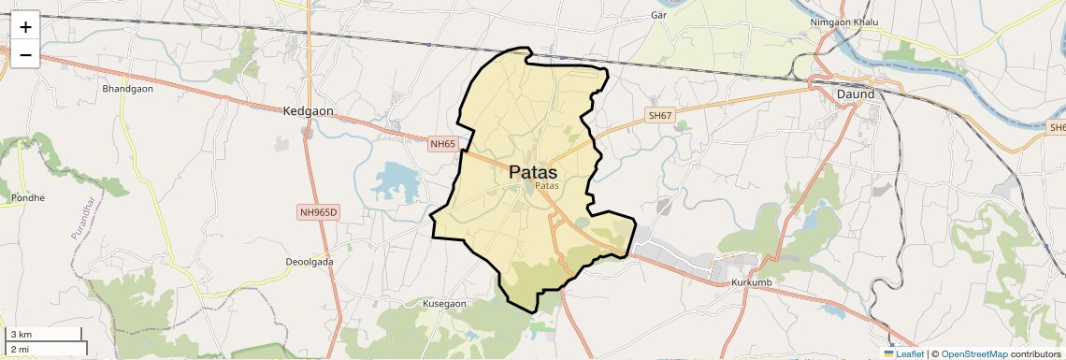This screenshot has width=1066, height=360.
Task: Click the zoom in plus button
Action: pos(25,26)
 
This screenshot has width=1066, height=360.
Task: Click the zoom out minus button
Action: pos(25,54)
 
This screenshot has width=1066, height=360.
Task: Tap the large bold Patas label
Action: pos(533,173)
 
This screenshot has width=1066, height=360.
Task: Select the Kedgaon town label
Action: pos(308,111)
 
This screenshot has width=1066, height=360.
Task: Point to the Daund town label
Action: pos(856,94)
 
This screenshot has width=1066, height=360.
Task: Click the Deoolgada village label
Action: pos(310,262)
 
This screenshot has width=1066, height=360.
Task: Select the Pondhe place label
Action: pos(28,198)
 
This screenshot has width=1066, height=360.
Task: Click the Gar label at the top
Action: pos(658,15)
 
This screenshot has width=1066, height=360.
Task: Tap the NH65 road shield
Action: pos(442,144)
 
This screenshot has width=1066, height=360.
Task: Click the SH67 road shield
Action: pos(659,116)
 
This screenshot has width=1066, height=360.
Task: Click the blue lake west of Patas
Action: pos(395,179)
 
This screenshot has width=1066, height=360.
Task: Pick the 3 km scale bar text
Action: pos(21,334)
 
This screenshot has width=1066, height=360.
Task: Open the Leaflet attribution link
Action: pos(904,354)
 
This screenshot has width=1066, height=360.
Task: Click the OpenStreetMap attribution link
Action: pos(973,354)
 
